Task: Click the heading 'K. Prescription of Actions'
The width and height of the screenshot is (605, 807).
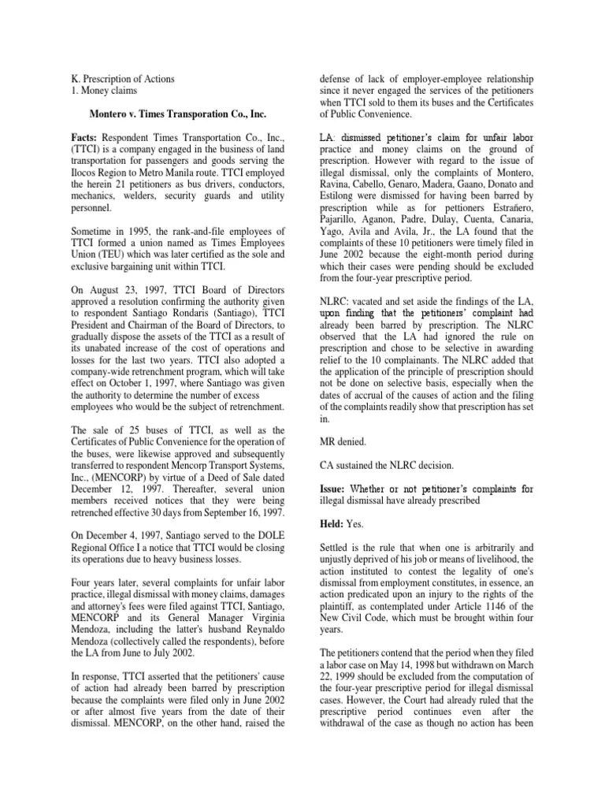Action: point(121,79)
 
